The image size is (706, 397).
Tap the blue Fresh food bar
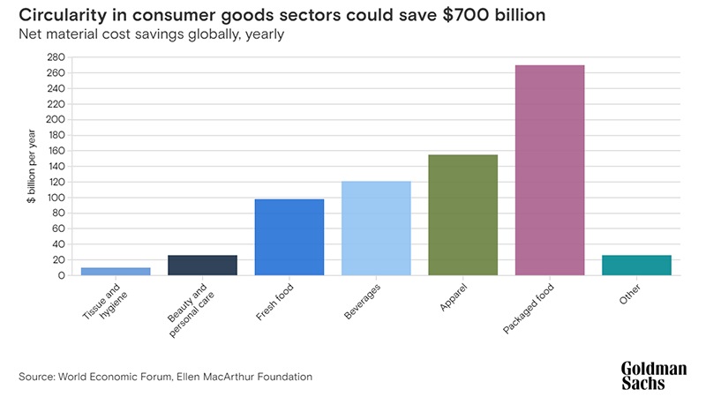(x=289, y=236)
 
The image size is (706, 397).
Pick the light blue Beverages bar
(x=376, y=228)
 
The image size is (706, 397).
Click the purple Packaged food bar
(x=550, y=169)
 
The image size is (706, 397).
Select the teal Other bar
(x=636, y=265)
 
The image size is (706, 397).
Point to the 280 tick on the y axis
(x=56, y=57)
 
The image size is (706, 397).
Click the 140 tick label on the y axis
(x=56, y=167)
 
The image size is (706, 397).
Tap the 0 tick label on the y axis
(x=62, y=275)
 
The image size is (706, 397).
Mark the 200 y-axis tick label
(x=56, y=120)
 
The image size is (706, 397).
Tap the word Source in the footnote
(x=38, y=377)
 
